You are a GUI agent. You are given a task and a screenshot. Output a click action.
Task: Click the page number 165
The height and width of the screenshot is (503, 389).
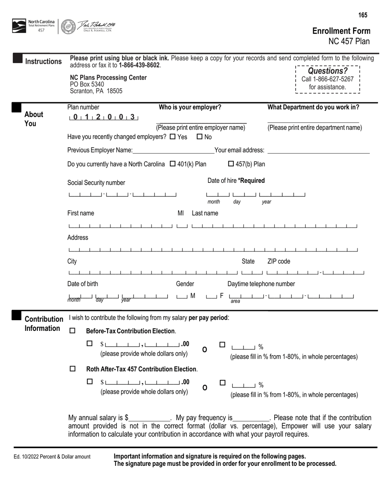point(363,16)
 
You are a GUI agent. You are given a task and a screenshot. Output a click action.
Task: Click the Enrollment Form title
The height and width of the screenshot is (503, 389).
point(341,31)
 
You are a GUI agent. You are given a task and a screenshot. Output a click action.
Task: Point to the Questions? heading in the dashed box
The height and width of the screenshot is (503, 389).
point(327,71)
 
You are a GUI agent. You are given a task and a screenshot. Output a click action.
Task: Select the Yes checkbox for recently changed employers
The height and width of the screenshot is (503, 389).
point(172,137)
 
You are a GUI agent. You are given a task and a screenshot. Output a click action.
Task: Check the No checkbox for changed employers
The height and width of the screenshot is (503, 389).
point(200,137)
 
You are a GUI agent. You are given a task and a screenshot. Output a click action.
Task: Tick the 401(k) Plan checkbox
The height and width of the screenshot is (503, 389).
point(172,164)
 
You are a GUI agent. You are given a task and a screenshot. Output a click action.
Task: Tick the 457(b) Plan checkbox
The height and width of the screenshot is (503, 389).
point(231,164)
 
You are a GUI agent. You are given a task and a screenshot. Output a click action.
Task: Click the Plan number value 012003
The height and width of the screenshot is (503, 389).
point(104,117)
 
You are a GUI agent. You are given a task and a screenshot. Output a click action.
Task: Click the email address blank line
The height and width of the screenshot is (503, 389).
point(318,151)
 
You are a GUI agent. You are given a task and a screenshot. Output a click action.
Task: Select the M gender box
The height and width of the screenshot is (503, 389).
point(182,296)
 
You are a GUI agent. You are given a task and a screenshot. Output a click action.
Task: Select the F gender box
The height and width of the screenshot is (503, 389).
point(212,296)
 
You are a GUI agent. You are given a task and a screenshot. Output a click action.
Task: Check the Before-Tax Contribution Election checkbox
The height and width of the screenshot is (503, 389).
point(73,331)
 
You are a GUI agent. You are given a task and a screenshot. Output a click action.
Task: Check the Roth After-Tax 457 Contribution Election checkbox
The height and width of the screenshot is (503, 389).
point(73,369)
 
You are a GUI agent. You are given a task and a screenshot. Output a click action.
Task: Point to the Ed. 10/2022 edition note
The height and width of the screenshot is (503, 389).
point(52,457)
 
